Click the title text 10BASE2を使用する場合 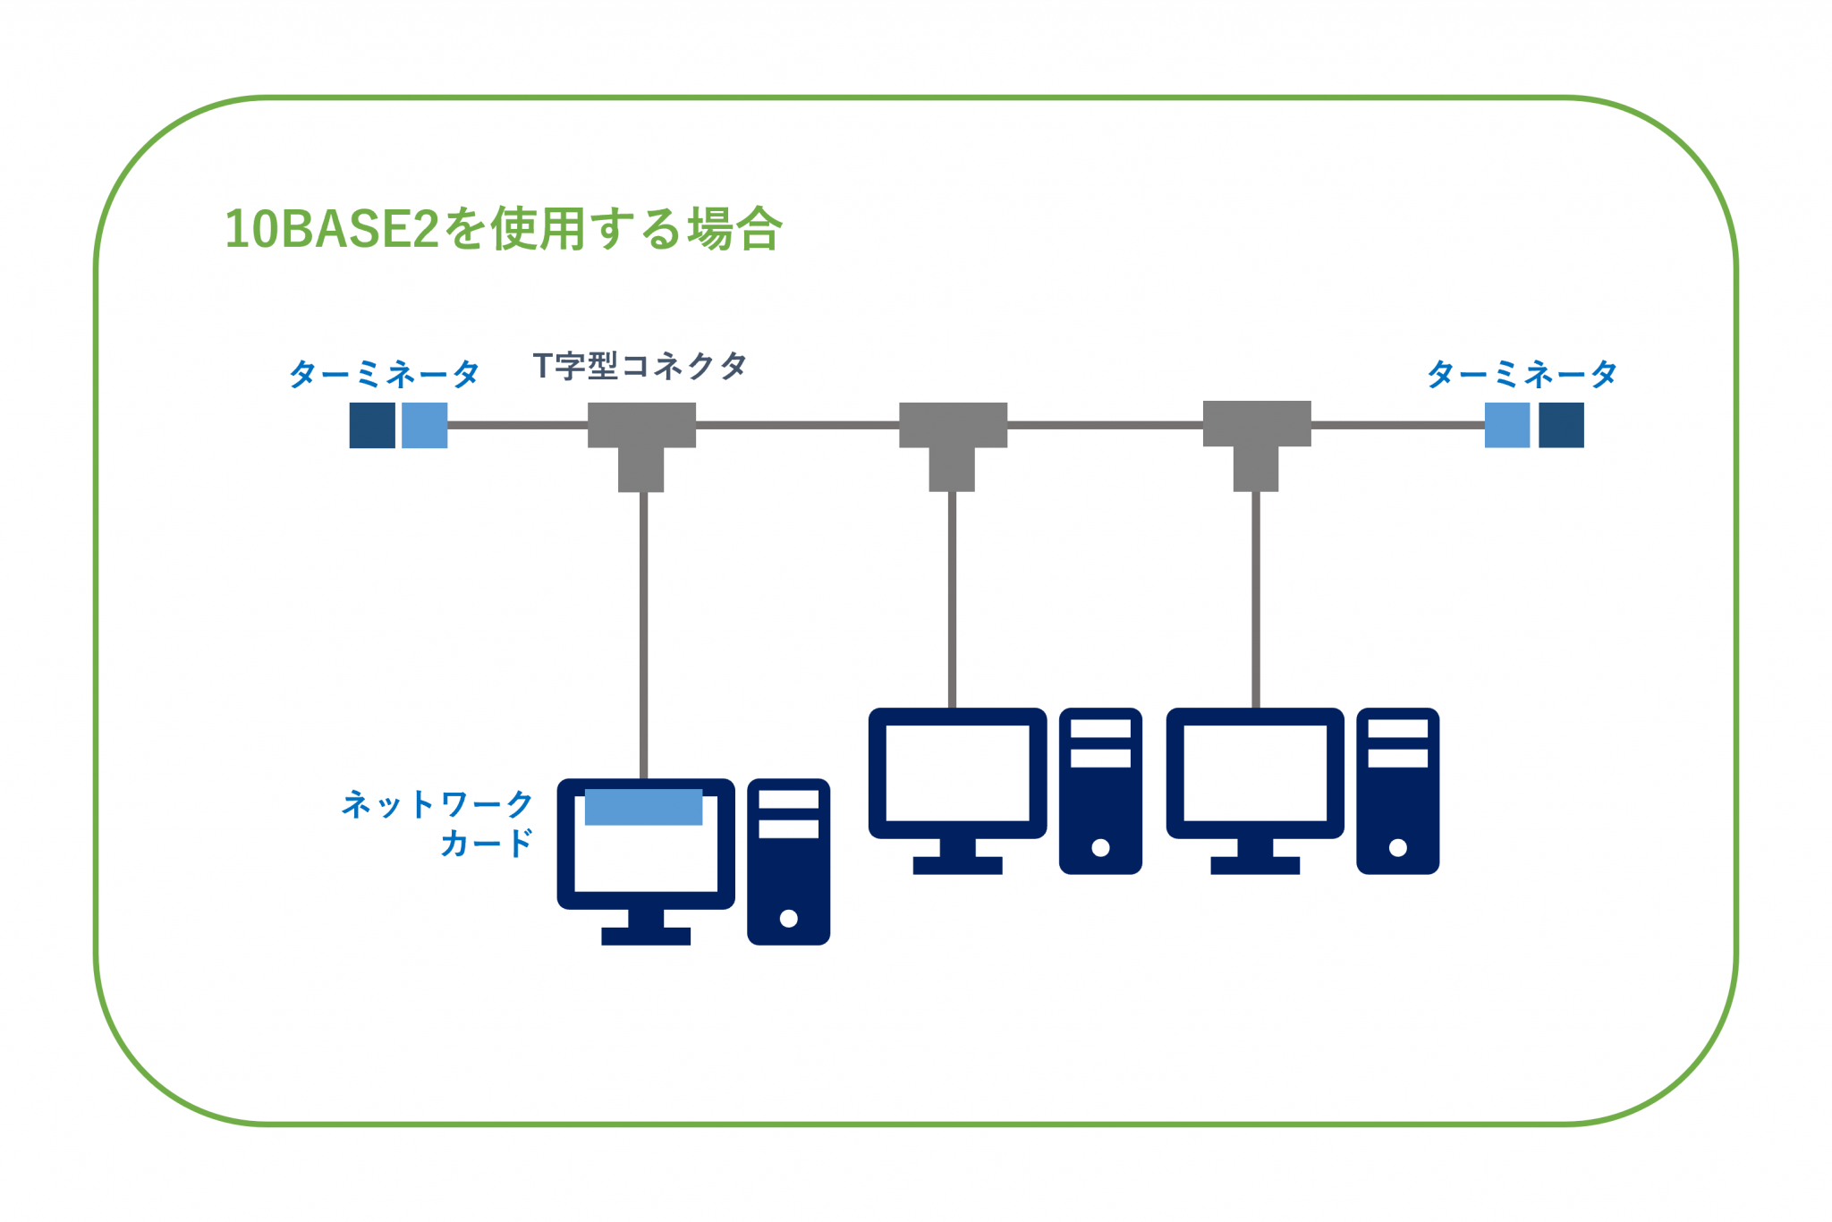(x=503, y=229)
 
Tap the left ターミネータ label (x=384, y=373)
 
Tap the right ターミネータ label (x=1522, y=373)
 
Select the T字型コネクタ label (x=640, y=365)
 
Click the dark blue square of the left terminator (x=372, y=425)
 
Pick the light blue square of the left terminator (x=424, y=425)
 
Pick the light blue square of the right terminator (x=1507, y=425)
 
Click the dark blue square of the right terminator (x=1561, y=425)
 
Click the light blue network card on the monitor (x=643, y=807)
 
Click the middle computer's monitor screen (x=957, y=773)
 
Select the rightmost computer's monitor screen (x=1255, y=773)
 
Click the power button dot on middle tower (x=1100, y=847)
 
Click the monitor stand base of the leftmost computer (x=646, y=936)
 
